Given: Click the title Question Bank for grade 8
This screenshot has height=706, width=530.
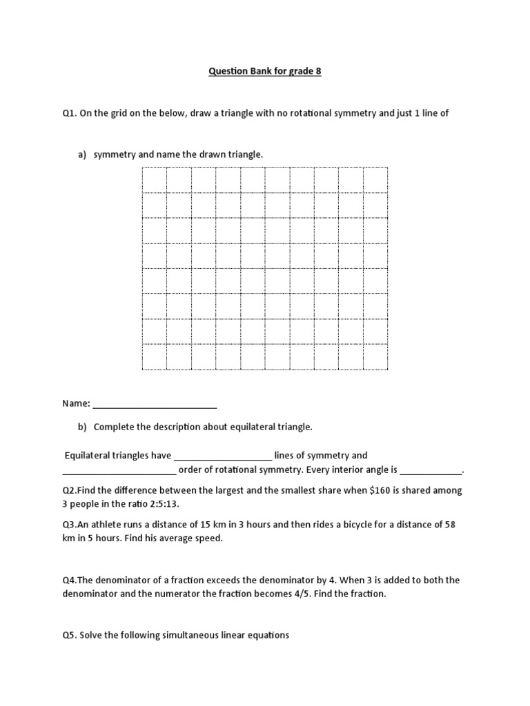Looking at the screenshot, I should tap(265, 72).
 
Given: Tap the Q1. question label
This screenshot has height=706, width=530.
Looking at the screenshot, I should tap(69, 114).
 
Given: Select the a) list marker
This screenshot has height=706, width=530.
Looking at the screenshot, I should tap(81, 154).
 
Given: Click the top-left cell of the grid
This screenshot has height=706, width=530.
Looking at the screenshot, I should tap(154, 181).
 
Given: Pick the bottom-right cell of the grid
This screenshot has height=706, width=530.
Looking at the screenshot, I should tap(375, 357).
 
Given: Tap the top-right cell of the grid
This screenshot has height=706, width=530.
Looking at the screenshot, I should tap(375, 181).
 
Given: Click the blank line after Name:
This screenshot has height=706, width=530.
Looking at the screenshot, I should tap(155, 404).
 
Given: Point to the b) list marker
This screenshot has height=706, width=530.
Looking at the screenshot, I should tap(81, 427).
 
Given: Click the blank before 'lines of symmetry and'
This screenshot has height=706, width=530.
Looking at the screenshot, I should tap(223, 456).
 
